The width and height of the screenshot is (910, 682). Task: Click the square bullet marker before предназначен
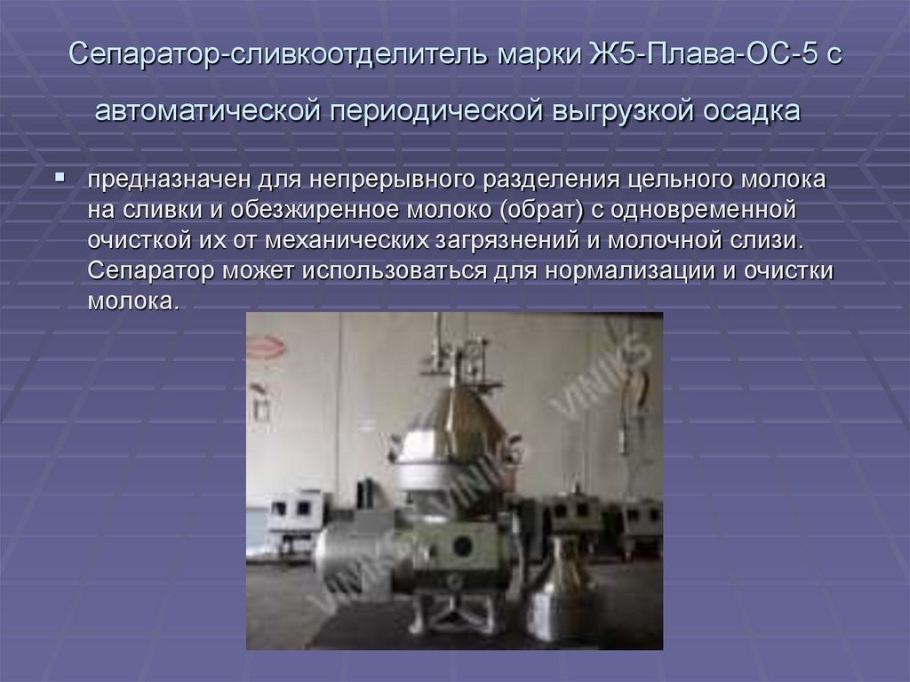click(60, 178)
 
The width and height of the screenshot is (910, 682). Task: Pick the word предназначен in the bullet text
click(169, 181)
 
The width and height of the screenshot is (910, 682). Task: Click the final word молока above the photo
click(133, 301)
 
